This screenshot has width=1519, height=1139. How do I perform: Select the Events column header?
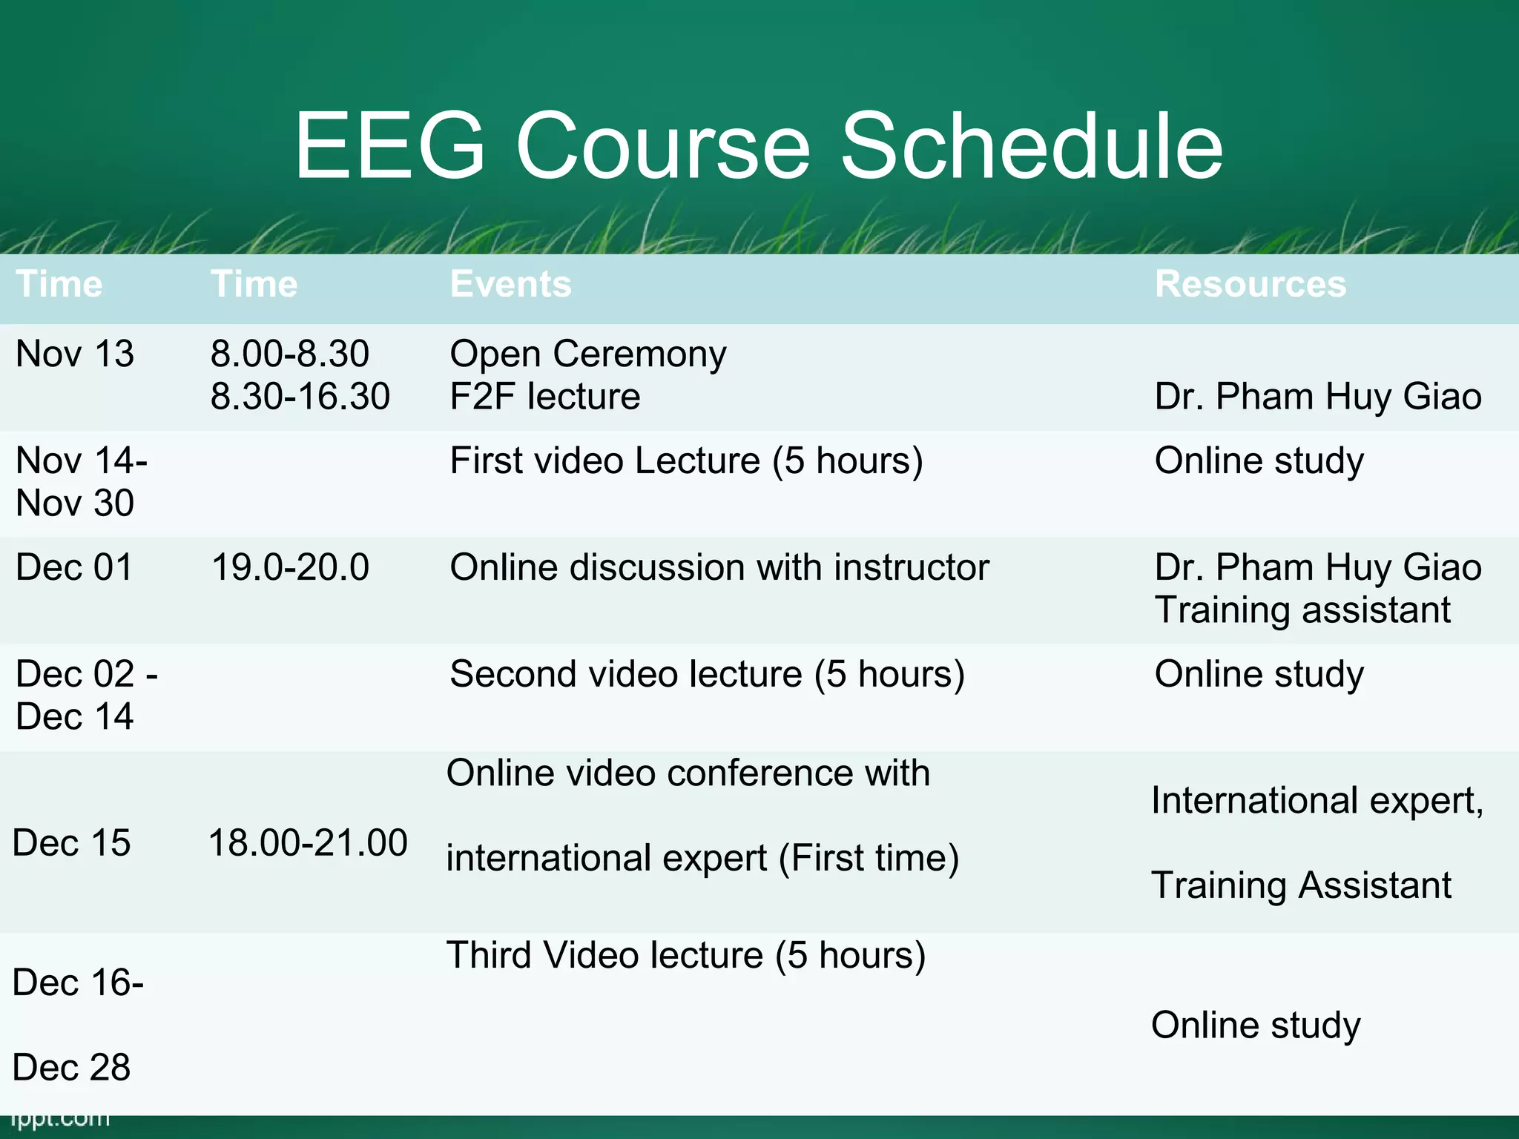click(x=510, y=284)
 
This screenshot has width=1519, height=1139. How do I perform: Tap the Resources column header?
click(x=1250, y=284)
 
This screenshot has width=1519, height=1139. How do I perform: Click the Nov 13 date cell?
click(x=74, y=354)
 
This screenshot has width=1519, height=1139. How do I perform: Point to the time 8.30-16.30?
click(x=300, y=396)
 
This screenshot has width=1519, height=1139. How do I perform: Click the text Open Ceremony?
click(x=587, y=354)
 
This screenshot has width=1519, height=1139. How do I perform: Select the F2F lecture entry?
click(x=544, y=396)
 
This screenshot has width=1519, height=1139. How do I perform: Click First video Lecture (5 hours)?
click(x=686, y=460)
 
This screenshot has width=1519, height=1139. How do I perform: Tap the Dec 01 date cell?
click(x=73, y=567)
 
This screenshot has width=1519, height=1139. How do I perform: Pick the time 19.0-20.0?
click(x=290, y=567)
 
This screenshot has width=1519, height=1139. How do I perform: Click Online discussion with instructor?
click(x=719, y=567)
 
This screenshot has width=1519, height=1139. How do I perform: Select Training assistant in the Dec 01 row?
click(x=1302, y=610)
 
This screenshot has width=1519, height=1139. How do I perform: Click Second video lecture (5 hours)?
click(x=707, y=674)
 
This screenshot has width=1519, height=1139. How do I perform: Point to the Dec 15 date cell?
click(x=71, y=843)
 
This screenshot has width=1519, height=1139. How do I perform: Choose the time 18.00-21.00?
click(x=308, y=843)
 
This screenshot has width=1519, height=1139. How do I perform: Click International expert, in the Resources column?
click(x=1317, y=801)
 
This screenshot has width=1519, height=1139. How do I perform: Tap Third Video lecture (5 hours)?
click(x=685, y=955)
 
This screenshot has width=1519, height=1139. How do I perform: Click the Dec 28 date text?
click(x=71, y=1068)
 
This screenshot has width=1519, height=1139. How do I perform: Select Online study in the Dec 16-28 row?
click(x=1255, y=1025)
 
